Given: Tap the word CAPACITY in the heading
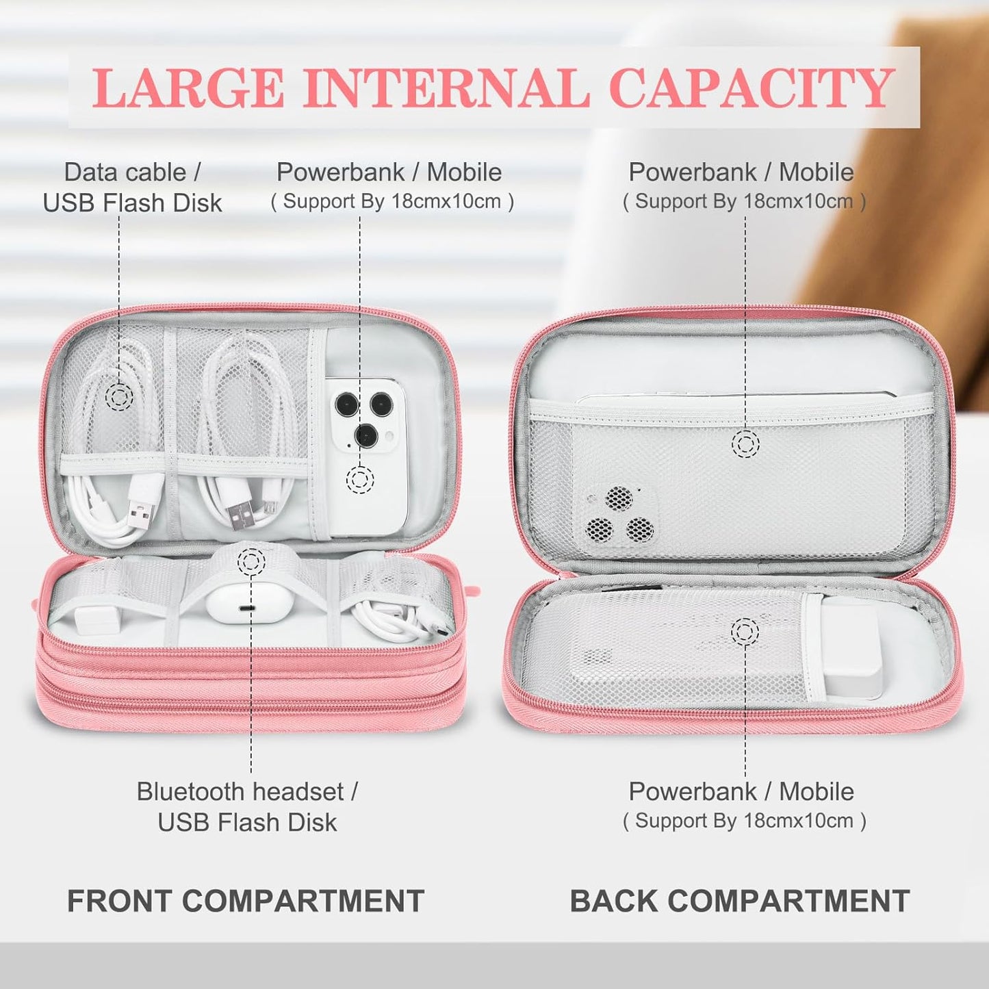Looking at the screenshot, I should [x=751, y=88].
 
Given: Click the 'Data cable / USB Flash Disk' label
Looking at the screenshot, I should [x=132, y=187].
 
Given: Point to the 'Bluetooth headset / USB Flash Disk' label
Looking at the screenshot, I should [x=247, y=806].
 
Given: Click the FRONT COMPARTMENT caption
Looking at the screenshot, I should [x=246, y=901].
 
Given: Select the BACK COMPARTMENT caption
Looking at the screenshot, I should [x=740, y=901].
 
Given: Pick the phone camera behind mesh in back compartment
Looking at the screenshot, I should [x=619, y=514].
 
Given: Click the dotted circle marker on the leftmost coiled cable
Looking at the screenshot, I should [x=120, y=396].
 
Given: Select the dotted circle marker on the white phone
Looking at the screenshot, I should [x=359, y=478].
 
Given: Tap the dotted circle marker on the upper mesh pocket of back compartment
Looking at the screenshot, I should [x=745, y=444].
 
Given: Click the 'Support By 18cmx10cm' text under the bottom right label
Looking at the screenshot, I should [x=745, y=821].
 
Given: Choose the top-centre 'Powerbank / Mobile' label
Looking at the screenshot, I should [x=389, y=172].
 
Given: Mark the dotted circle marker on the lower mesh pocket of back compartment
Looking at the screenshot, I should [x=745, y=631].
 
